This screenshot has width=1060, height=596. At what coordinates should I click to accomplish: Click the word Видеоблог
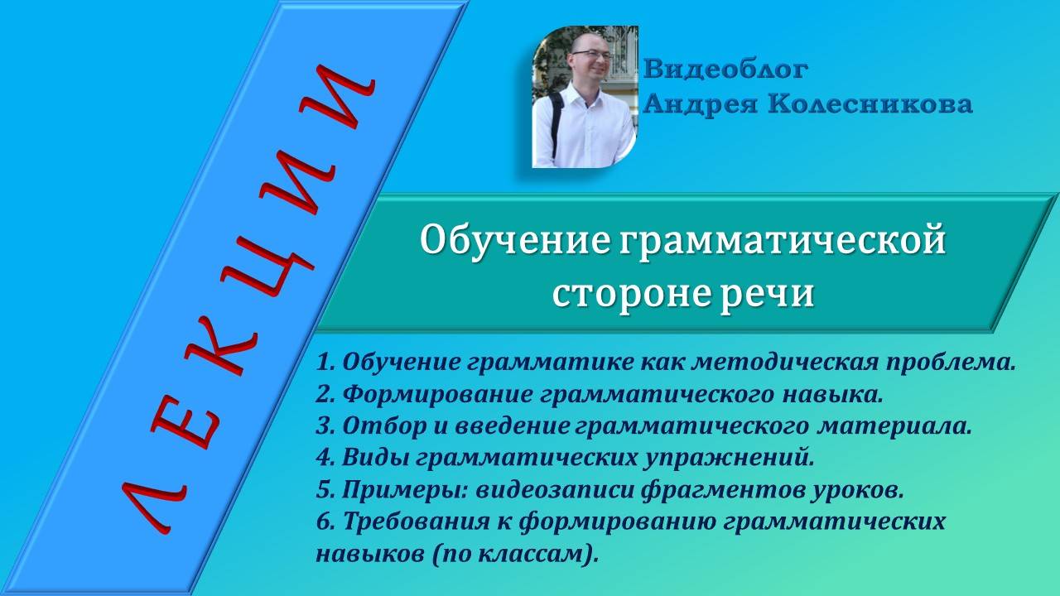click(725, 69)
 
